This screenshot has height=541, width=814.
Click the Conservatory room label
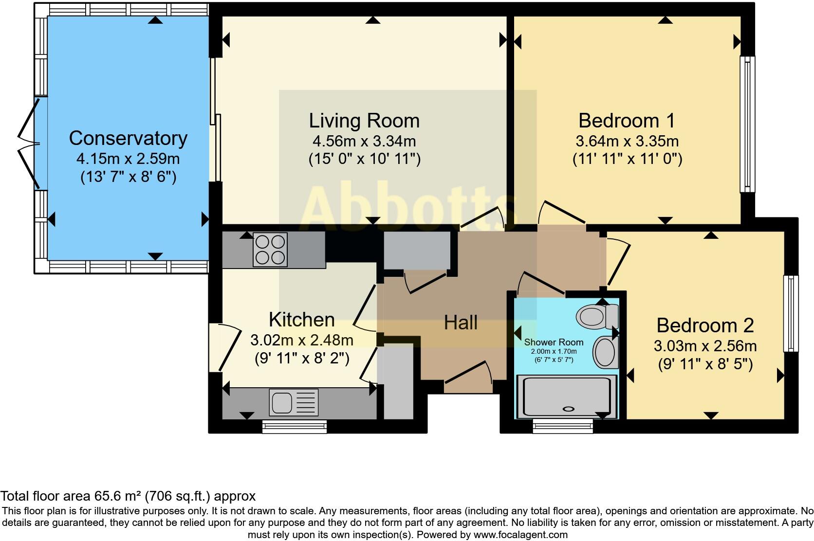pos(128,138)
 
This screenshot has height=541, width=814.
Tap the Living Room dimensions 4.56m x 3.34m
pos(364,142)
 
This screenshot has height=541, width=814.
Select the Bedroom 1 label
pos(627,120)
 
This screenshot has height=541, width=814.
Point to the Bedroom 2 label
pos(705,325)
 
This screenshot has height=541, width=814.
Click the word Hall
pos(461,323)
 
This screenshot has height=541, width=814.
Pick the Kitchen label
pos(302,320)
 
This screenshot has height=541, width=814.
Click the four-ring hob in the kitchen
pos(270,250)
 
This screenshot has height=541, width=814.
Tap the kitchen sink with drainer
pos(294,402)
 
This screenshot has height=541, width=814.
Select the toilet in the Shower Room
pos(596,316)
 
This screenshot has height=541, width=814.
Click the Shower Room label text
pos(554,342)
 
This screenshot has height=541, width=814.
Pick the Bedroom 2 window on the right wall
pos(791,314)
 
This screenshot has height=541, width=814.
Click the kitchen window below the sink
pos(294,427)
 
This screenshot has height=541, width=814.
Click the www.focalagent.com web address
pos(520,535)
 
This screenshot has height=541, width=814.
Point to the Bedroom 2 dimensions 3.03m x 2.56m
pos(705,346)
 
